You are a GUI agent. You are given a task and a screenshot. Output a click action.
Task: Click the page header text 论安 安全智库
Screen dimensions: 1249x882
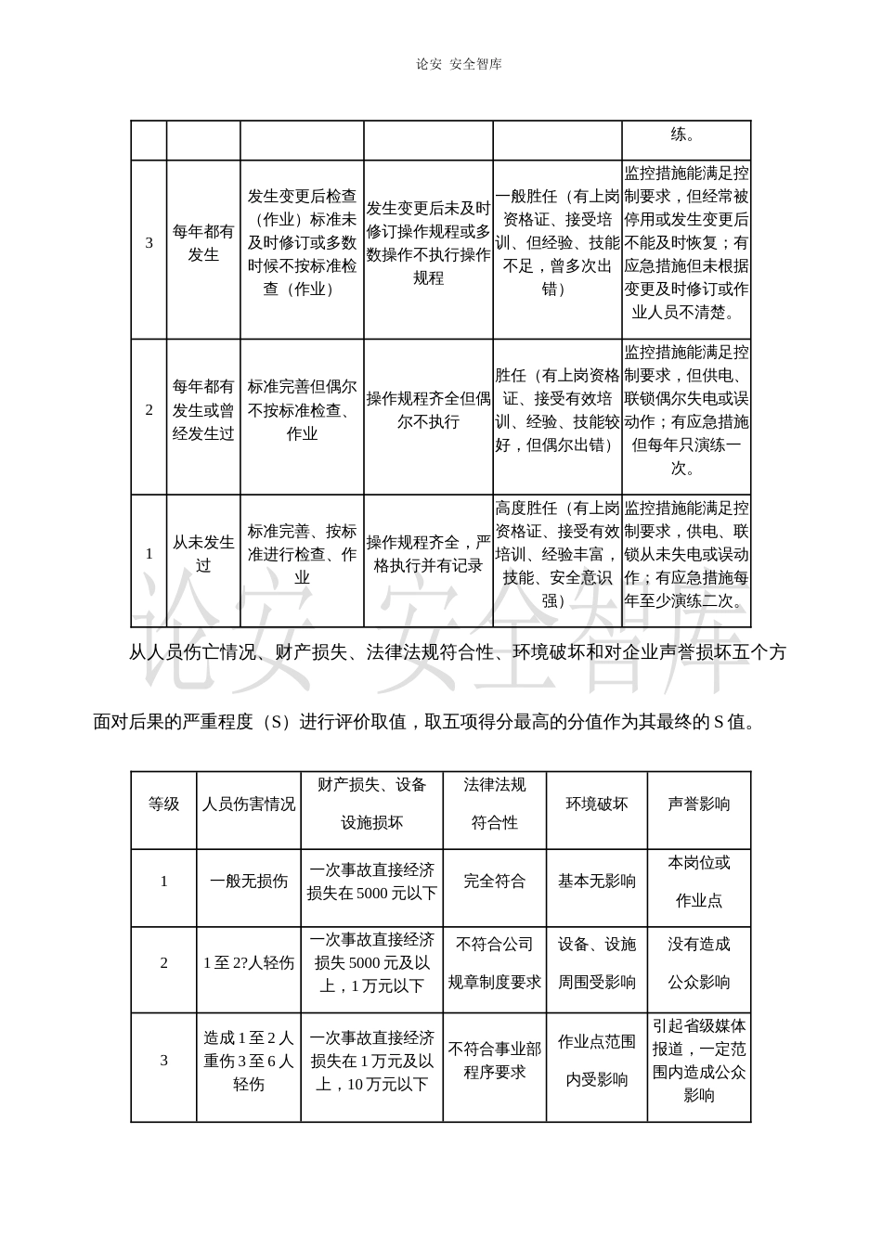coord(460,64)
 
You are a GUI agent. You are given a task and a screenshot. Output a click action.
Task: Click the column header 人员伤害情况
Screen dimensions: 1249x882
coord(249,805)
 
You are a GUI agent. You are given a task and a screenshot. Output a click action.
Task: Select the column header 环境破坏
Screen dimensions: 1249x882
coord(597,804)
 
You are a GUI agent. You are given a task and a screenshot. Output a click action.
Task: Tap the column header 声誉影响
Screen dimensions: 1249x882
coord(699,804)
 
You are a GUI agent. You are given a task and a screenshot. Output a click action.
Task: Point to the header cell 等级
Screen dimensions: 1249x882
coord(164,805)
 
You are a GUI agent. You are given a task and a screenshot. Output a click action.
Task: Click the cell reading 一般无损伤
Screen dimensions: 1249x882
coord(249,882)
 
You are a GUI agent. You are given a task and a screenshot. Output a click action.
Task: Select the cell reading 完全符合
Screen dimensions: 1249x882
coord(495,882)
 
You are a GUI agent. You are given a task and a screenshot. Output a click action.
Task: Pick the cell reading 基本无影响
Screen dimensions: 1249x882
coord(597,882)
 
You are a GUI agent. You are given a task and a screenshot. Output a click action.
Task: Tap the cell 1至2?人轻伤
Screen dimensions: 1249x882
coord(249,963)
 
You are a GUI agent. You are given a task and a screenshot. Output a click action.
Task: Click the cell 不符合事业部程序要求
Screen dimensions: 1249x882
coord(495,1061)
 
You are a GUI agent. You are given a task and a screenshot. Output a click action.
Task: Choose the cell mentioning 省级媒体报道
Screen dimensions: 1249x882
coord(699,1061)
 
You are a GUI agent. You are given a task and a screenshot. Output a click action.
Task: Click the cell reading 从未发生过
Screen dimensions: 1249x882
coord(203,554)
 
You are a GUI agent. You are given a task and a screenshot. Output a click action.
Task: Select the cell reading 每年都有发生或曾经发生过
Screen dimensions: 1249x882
coord(203,409)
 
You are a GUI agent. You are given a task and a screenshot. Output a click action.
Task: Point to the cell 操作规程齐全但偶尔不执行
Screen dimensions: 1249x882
coord(428,409)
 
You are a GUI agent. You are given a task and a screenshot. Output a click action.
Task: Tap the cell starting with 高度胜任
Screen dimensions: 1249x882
coord(557,554)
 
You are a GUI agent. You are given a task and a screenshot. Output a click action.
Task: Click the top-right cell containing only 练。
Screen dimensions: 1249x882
coord(686,135)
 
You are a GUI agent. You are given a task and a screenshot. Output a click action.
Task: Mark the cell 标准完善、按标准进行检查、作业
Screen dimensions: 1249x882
coord(302,554)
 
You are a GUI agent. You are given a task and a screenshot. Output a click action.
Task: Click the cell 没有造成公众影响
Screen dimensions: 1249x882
coord(699,963)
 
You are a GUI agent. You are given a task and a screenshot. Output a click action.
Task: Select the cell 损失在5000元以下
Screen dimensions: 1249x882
coord(372,882)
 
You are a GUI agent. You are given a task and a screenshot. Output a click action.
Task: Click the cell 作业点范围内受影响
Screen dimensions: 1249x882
coord(597,1061)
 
